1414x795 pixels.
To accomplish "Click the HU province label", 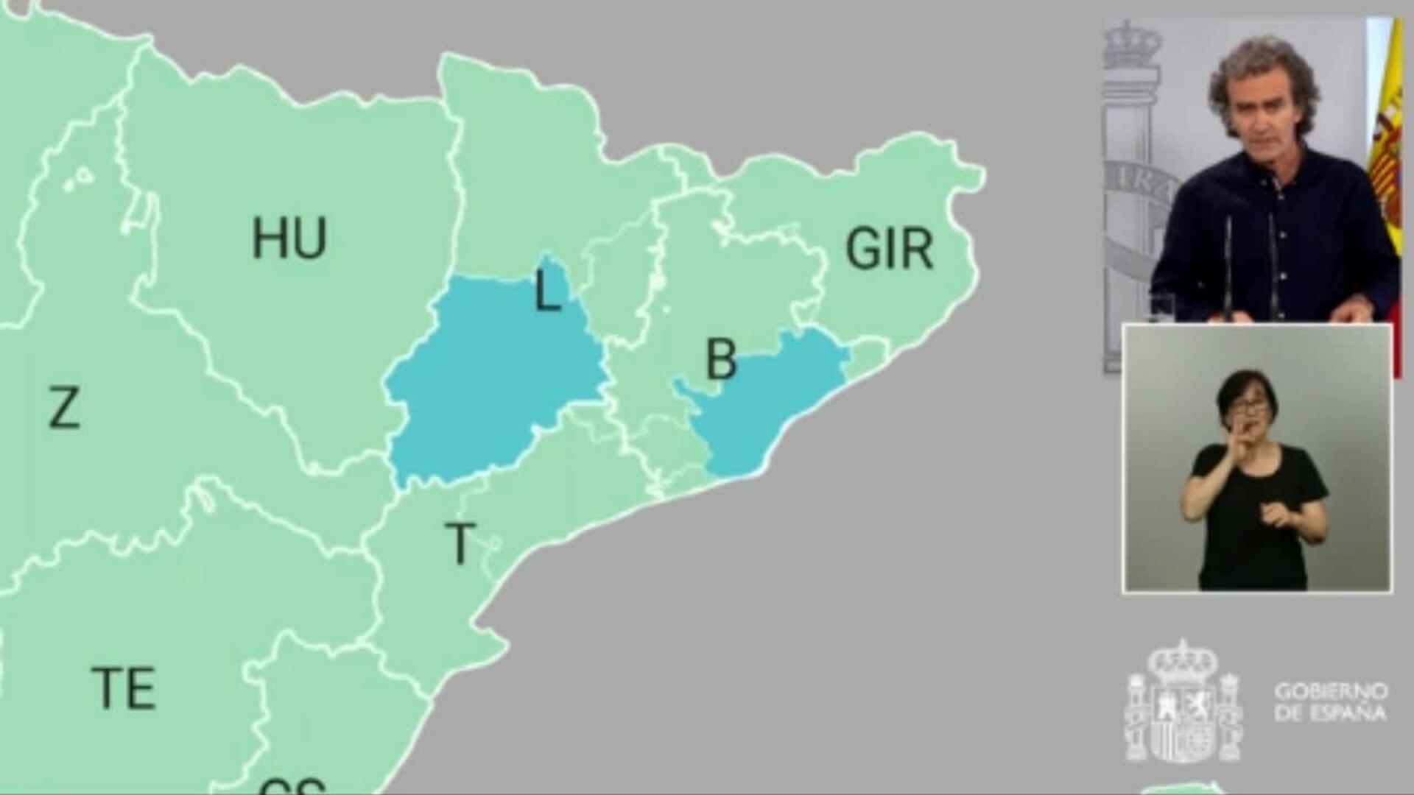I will click(x=289, y=239).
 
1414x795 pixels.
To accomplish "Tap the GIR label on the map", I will click(x=889, y=249).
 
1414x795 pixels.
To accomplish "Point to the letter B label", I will click(x=721, y=359).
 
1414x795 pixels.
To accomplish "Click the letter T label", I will click(x=460, y=543).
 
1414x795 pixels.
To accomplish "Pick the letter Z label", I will click(x=64, y=409).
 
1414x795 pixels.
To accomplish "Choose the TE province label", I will click(x=124, y=688).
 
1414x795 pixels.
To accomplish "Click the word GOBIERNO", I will click(x=1331, y=692).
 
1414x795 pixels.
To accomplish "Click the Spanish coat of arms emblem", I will click(x=1183, y=703).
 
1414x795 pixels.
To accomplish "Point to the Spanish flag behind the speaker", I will click(x=1387, y=147).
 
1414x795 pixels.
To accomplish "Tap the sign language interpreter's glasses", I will click(x=1250, y=406).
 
